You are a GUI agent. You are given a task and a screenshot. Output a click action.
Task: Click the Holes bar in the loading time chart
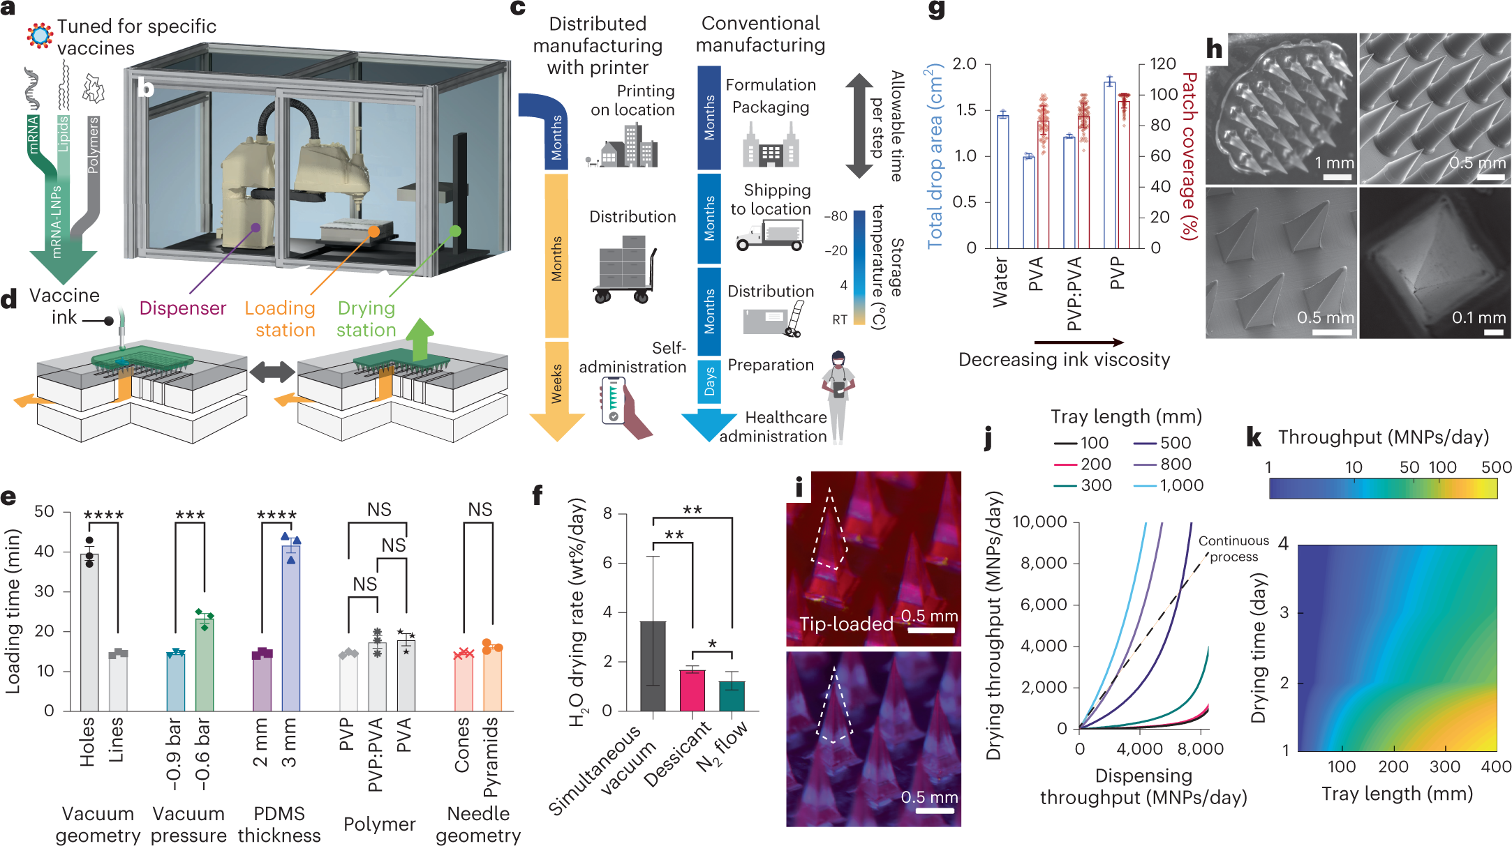[x=89, y=632]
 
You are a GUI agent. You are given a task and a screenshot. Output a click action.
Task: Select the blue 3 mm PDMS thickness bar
[x=290, y=628]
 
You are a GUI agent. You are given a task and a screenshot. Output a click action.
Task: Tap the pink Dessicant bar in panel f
[x=692, y=690]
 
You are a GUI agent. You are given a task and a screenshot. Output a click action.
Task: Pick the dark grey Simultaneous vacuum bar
[x=653, y=665]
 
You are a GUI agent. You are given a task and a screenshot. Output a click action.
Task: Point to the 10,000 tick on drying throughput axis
[x=1039, y=522]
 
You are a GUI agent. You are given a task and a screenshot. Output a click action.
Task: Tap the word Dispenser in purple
[x=183, y=308]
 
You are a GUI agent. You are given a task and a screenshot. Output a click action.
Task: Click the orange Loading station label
[x=281, y=319]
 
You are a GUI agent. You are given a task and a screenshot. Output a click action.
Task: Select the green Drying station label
[x=366, y=319]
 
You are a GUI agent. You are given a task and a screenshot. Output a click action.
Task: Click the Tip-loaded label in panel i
[x=845, y=624]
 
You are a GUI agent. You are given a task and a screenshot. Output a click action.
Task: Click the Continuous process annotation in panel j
[x=1233, y=548]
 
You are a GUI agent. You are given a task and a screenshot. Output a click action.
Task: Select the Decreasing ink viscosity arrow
[x=1079, y=342]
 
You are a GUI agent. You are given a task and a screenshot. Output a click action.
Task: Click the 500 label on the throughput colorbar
[x=1496, y=467]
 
